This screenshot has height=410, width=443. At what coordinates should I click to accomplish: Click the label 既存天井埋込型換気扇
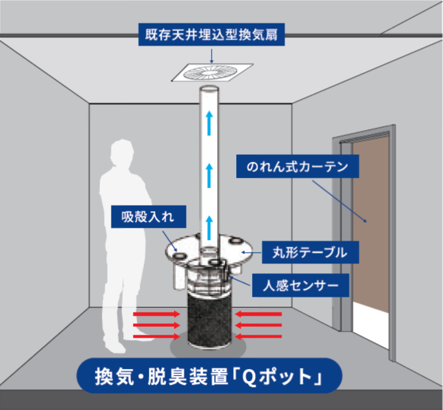tap(211, 34)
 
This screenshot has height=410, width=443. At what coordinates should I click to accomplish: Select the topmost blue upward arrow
tap(209, 123)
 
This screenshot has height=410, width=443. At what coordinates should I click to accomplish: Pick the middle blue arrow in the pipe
tap(209, 175)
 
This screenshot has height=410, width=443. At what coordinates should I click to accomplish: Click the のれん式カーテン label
tap(297, 166)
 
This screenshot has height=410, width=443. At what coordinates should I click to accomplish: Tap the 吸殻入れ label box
tap(149, 217)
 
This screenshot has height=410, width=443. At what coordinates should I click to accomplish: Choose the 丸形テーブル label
tap(310, 252)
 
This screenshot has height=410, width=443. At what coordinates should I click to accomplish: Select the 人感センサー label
tap(300, 285)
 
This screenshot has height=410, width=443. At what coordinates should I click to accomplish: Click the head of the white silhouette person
tap(122, 152)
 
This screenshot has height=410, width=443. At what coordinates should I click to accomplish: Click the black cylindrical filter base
tap(209, 321)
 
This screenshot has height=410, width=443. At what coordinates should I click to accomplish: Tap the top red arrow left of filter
tap(157, 314)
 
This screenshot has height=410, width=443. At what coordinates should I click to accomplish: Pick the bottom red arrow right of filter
tap(258, 336)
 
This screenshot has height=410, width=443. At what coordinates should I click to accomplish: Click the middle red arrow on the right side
tap(258, 325)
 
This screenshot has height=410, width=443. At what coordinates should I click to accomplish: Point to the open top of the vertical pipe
tap(209, 89)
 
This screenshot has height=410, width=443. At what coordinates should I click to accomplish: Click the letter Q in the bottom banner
tap(249, 376)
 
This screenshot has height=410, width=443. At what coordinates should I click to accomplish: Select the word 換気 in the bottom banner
tap(114, 376)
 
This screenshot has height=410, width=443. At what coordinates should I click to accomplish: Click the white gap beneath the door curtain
tap(371, 325)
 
